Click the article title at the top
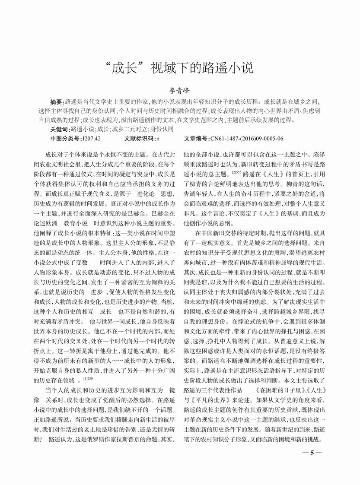[179, 67]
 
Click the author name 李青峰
[179, 92]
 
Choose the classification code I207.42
[91, 139]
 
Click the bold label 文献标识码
[139, 139]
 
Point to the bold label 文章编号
[197, 139]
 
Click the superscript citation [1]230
[88, 379]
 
